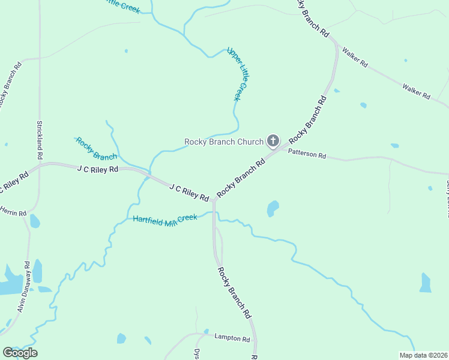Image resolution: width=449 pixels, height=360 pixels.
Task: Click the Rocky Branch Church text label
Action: coord(223,142)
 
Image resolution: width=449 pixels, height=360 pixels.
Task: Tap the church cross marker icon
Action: coord(273,142)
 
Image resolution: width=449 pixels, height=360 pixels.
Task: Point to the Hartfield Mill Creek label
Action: coord(164,220)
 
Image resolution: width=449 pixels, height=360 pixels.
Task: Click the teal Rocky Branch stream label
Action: coord(96,149)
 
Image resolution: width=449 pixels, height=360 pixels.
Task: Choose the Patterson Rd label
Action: coord(306,154)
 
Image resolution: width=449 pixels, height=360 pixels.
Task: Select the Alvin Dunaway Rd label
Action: coord(24,287)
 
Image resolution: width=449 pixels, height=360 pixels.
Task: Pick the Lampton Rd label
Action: coord(231,339)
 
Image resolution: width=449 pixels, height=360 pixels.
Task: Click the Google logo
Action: coord(20,353)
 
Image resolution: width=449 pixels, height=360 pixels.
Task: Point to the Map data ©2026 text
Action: coord(423,355)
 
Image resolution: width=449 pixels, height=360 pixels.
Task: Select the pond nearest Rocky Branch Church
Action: coord(273,208)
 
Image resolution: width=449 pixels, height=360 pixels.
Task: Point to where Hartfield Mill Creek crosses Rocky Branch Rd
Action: coord(214,212)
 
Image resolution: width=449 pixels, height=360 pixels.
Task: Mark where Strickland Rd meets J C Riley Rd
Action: coord(40,165)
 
